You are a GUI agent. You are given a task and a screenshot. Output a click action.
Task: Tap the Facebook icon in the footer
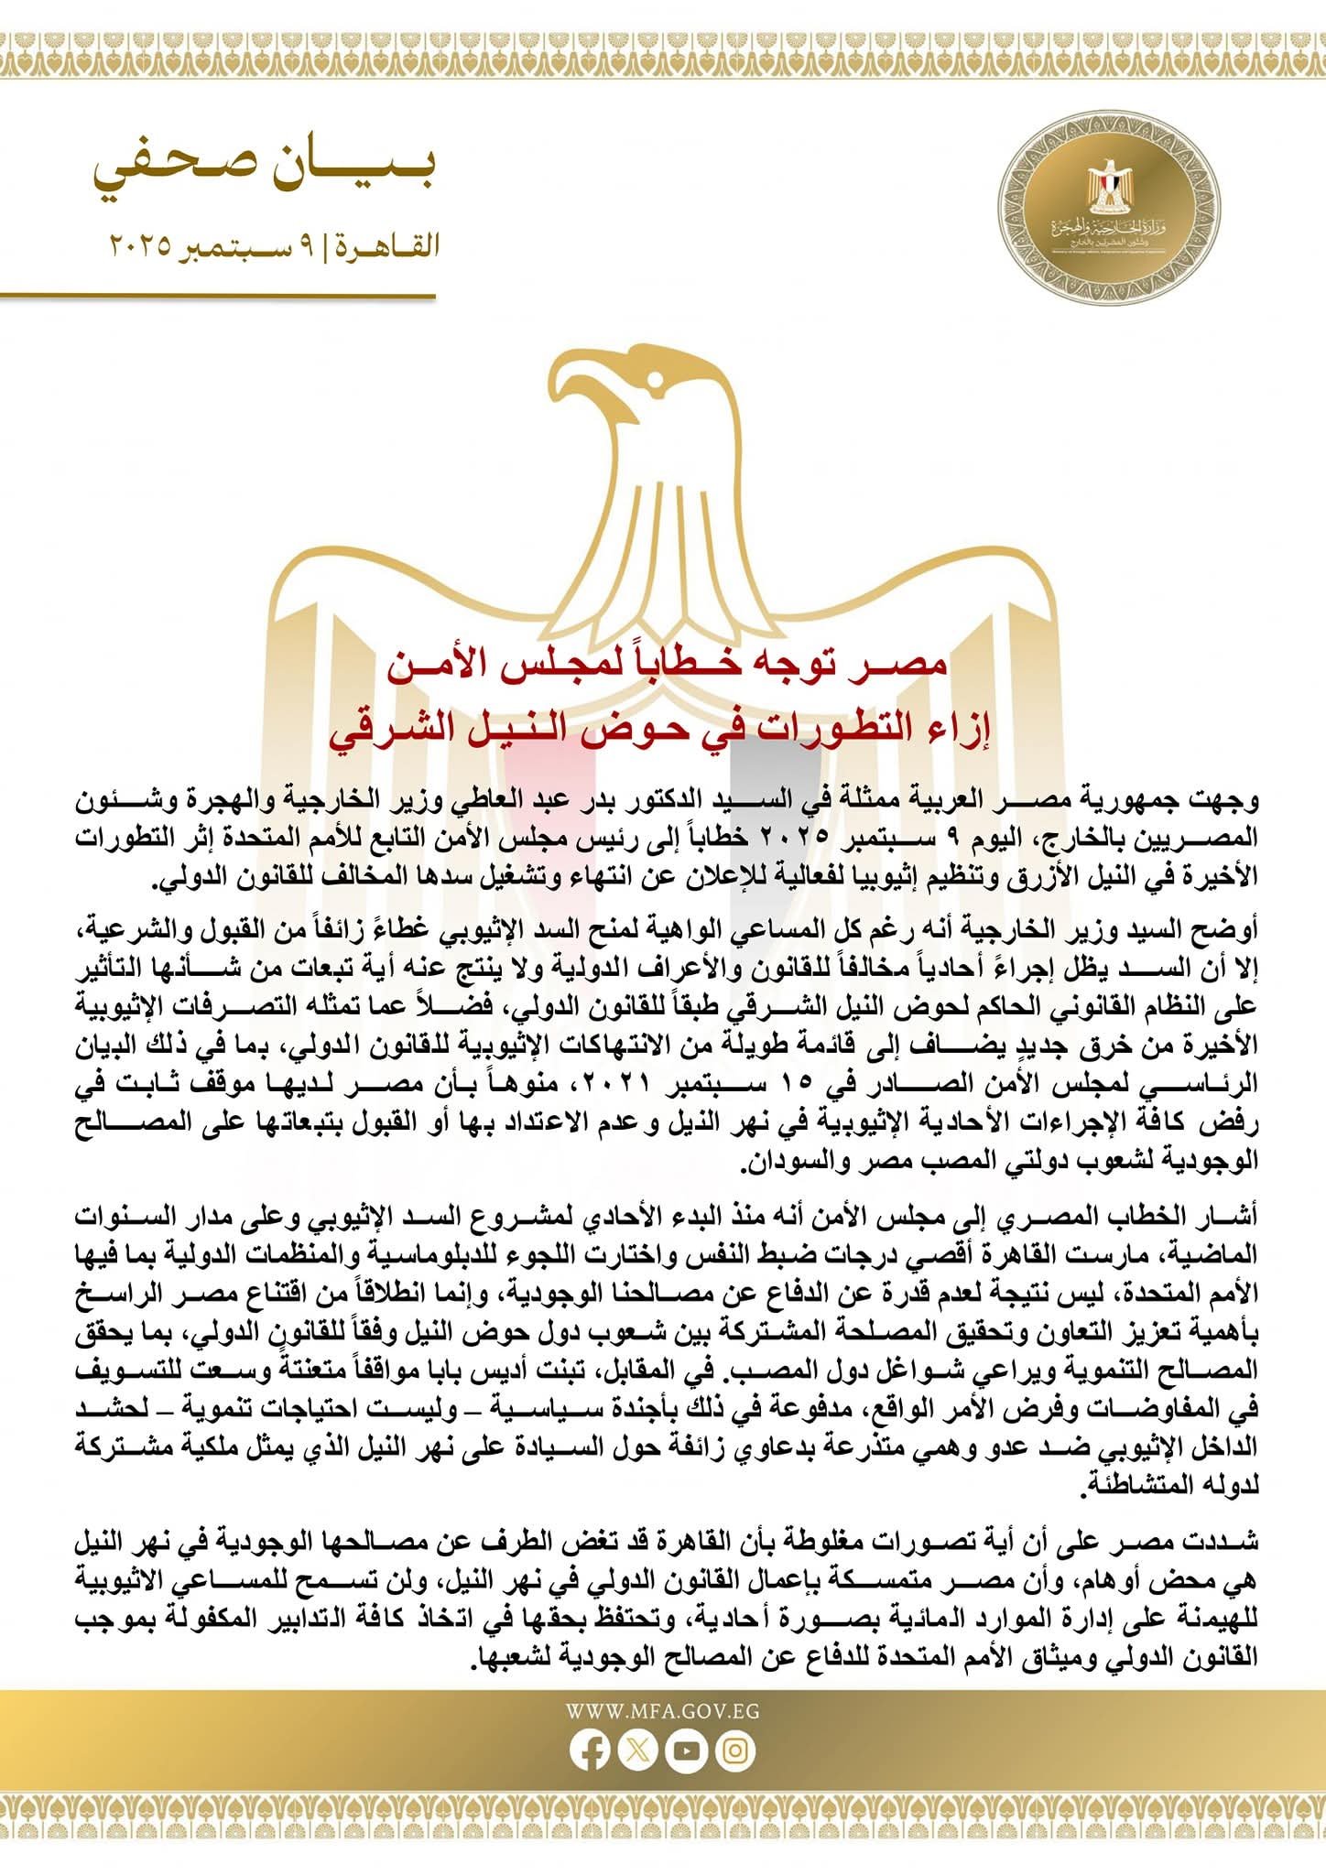pos(590,1750)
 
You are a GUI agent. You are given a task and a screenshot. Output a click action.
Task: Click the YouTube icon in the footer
pos(687,1750)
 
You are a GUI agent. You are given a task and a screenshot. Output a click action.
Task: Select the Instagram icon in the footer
pos(735,1750)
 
